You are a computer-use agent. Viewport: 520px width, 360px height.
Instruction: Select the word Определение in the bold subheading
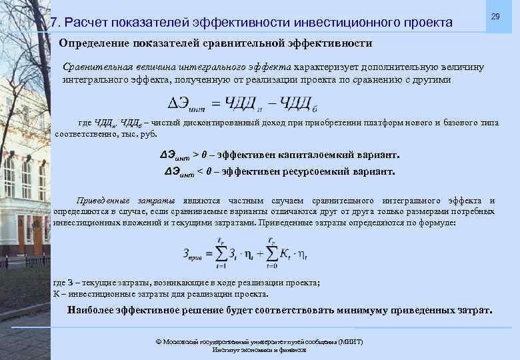tap(93, 43)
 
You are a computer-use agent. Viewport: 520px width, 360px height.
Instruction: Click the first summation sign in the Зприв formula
tap(220, 253)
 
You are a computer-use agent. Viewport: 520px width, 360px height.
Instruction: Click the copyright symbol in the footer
tap(158, 341)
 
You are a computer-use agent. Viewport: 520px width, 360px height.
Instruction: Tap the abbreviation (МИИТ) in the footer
tap(351, 341)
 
